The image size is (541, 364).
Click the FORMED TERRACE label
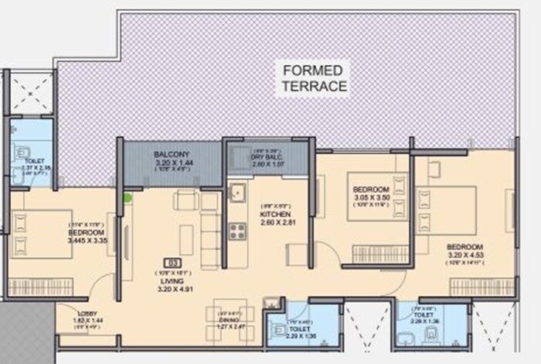314,78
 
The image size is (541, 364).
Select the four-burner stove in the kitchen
236,229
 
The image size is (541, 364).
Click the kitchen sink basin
236,190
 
